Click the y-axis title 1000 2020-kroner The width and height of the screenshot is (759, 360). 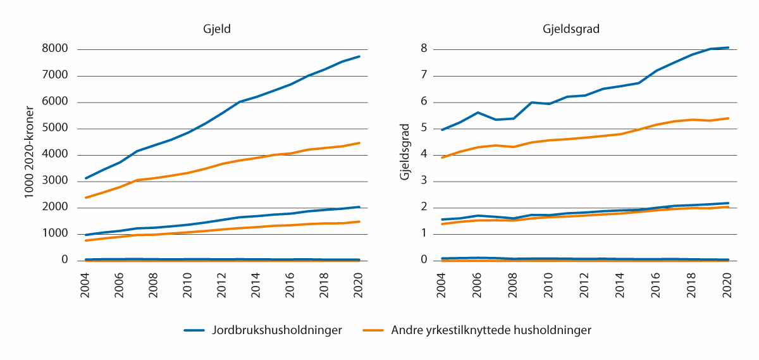click(29, 154)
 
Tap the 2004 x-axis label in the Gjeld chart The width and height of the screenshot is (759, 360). click(85, 284)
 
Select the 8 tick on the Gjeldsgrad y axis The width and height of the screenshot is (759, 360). click(424, 49)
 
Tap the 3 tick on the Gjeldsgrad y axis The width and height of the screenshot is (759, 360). click(424, 181)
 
